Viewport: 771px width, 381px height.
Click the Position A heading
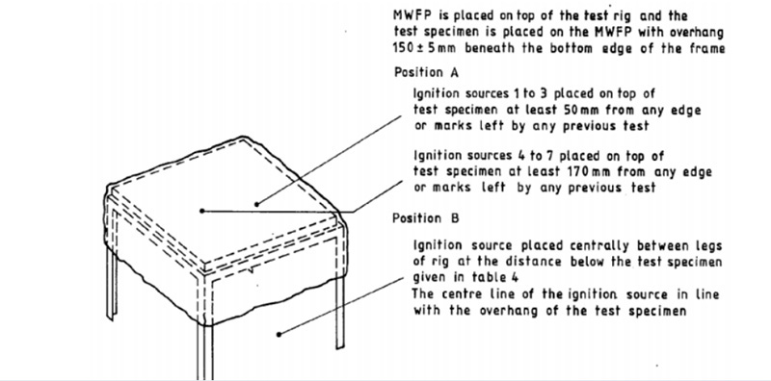click(x=426, y=73)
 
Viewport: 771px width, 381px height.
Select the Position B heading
click(x=426, y=218)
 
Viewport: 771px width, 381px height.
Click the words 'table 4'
click(x=495, y=277)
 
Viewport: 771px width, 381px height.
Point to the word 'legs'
click(x=708, y=245)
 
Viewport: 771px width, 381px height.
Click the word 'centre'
click(x=463, y=294)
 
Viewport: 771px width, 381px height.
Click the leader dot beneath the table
click(x=279, y=335)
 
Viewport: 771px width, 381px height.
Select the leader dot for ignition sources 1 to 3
click(x=256, y=204)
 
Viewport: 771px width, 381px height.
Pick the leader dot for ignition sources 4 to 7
click(x=201, y=211)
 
